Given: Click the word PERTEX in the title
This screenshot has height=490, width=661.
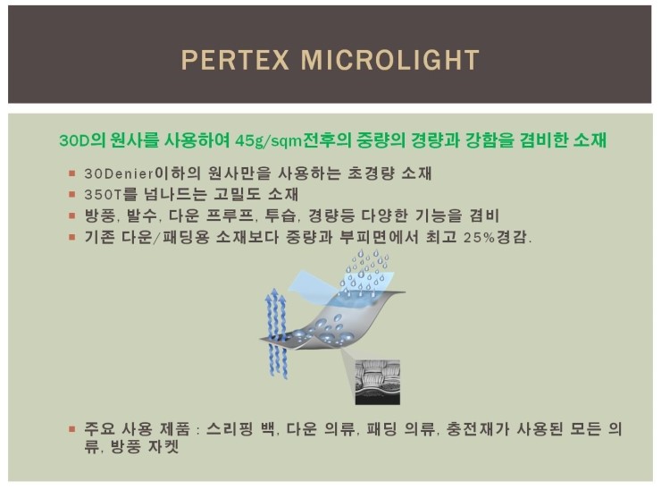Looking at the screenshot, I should (235, 61).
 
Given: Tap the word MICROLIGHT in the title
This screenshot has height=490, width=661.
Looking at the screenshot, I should (390, 61).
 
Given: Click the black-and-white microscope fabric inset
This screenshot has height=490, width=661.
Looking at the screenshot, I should (379, 379).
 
